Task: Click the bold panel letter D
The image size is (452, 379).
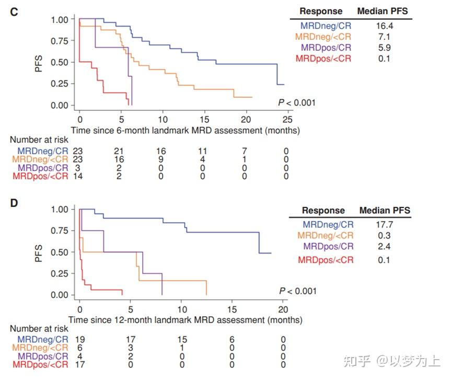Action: point(15,202)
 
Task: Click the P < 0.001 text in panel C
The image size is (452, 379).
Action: point(296,102)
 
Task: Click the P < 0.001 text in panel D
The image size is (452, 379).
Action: point(297,291)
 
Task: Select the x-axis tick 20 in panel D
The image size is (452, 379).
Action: point(283,308)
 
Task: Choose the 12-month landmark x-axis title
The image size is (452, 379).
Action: point(185,319)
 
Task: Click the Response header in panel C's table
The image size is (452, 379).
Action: point(321,11)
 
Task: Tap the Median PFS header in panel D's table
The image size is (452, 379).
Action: point(385,211)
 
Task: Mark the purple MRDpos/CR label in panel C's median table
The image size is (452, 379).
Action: point(323,48)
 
